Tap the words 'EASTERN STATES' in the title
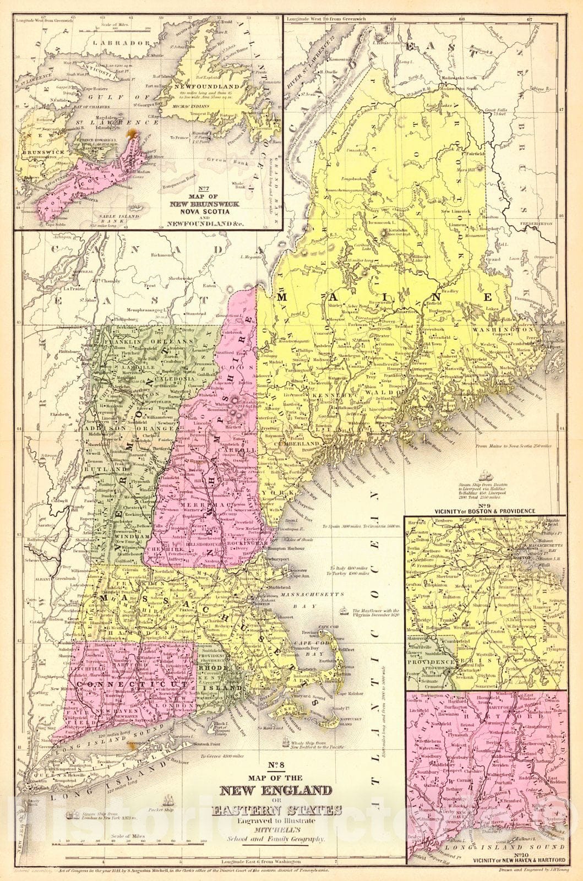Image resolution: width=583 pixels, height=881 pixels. [x=277, y=811]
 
